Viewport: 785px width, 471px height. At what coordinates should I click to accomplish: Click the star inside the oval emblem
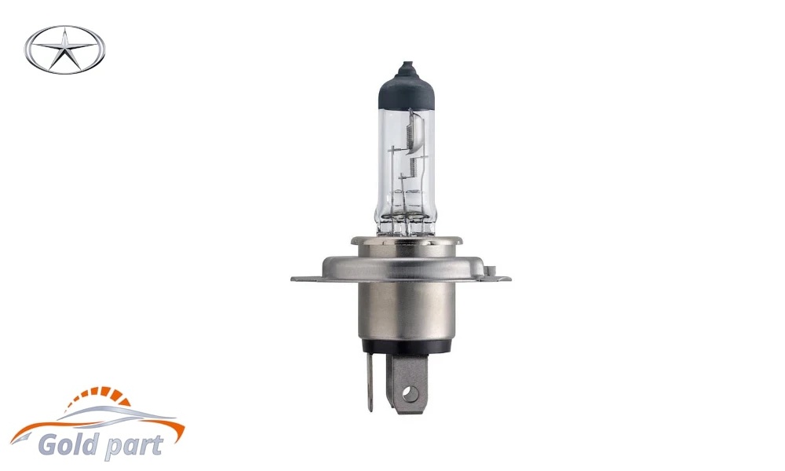pyautogui.click(x=64, y=50)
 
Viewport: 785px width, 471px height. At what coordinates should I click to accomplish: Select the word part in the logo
pyautogui.click(x=133, y=445)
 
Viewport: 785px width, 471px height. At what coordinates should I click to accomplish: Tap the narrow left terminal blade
pyautogui.click(x=370, y=384)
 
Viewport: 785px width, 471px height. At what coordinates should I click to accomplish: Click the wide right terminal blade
pyautogui.click(x=409, y=383)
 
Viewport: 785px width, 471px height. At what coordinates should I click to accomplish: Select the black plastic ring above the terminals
pyautogui.click(x=407, y=347)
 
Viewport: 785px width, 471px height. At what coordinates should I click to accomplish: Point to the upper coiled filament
pyautogui.click(x=408, y=132)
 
